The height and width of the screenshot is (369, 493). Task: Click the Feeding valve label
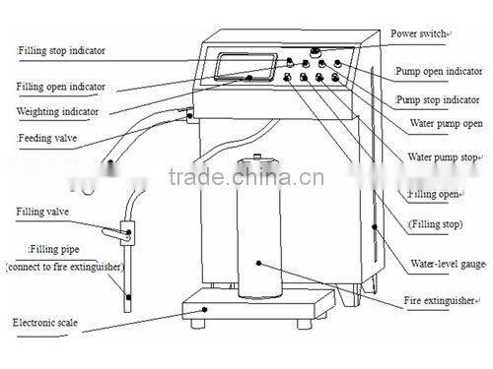point(47,139)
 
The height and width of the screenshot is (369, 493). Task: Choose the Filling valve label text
point(41,211)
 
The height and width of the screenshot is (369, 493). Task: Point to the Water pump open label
point(444,125)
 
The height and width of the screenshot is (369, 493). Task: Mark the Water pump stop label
point(443,156)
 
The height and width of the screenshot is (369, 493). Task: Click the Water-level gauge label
point(445,263)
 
